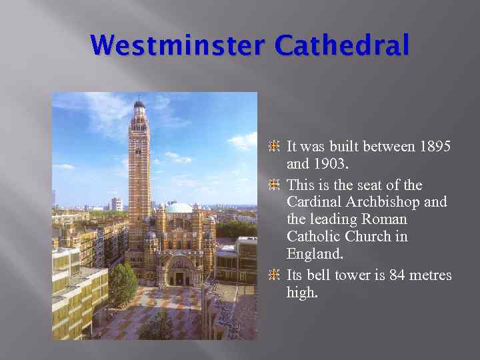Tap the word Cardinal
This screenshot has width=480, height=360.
[313, 202]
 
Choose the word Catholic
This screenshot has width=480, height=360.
[313, 237]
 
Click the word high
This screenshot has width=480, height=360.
[301, 292]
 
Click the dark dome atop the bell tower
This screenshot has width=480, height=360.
[139, 105]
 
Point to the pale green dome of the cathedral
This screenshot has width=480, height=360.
[178, 209]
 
